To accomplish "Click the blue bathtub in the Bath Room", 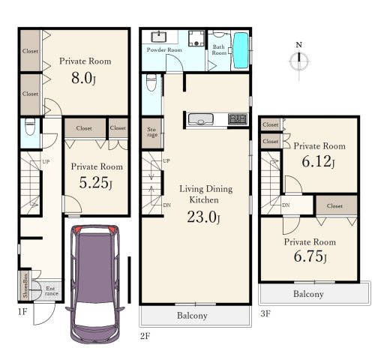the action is click(241, 50).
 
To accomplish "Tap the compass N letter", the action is click(298, 45).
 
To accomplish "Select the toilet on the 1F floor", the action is click(30, 126).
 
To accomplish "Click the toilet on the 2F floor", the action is click(151, 82).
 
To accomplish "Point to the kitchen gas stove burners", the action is click(238, 119).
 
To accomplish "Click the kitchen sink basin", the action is click(201, 119).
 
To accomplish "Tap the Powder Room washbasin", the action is click(159, 37).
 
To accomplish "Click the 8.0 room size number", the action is click(83, 78).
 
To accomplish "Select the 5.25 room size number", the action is click(95, 182).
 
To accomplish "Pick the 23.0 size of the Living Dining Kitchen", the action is click(204, 217).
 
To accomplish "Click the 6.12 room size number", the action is click(318, 162).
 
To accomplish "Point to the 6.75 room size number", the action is click(310, 256).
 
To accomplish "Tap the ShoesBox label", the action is click(25, 286).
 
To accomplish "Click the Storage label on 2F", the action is click(152, 132).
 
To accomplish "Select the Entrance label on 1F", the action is click(51, 291).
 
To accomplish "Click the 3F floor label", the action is click(265, 313).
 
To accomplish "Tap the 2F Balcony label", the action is click(192, 316).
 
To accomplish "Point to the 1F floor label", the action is click(22, 312).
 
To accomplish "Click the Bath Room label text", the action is click(219, 49).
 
